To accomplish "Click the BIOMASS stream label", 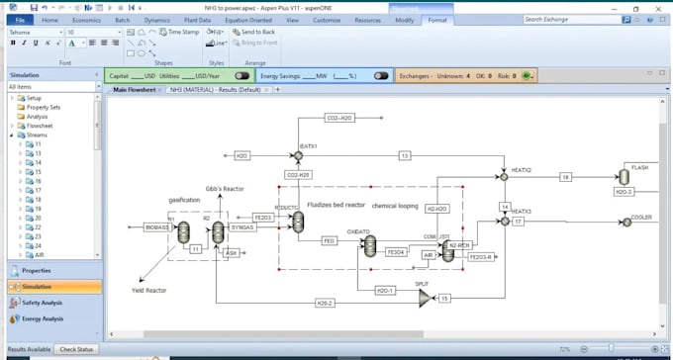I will pos(156,227).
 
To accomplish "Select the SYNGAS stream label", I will pos(242,227).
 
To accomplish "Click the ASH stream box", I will pos(231,252).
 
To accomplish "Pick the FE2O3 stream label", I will pos(263,217).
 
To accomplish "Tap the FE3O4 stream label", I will pos(396,252).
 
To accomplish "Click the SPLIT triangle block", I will pos(425,297).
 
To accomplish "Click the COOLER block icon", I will pos(625,223).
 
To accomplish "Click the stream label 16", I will pos(565,176).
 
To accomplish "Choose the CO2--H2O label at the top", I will pos(338,118).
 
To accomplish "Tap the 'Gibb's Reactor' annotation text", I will pos(225,188).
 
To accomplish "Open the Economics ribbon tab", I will pos(86,20).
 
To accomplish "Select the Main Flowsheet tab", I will pos(134,90).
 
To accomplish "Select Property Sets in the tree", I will pos(45,107).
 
